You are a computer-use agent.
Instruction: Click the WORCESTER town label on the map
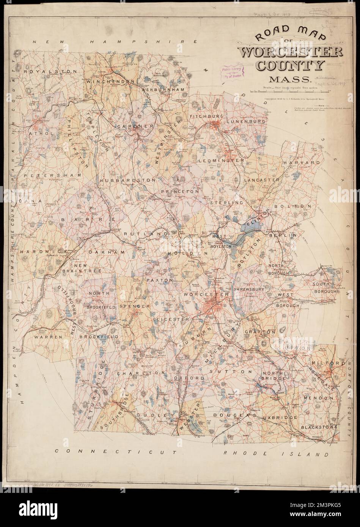pyautogui.click(x=200, y=294)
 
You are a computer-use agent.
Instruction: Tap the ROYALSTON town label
pyautogui.click(x=42, y=71)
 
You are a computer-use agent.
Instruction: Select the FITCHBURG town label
pyautogui.click(x=205, y=116)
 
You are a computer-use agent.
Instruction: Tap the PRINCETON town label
pyautogui.click(x=180, y=192)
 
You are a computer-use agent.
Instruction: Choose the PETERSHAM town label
pyautogui.click(x=53, y=176)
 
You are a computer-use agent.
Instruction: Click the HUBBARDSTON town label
pyautogui.click(x=128, y=180)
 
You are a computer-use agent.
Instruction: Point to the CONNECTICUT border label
pyautogui.click(x=116, y=452)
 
